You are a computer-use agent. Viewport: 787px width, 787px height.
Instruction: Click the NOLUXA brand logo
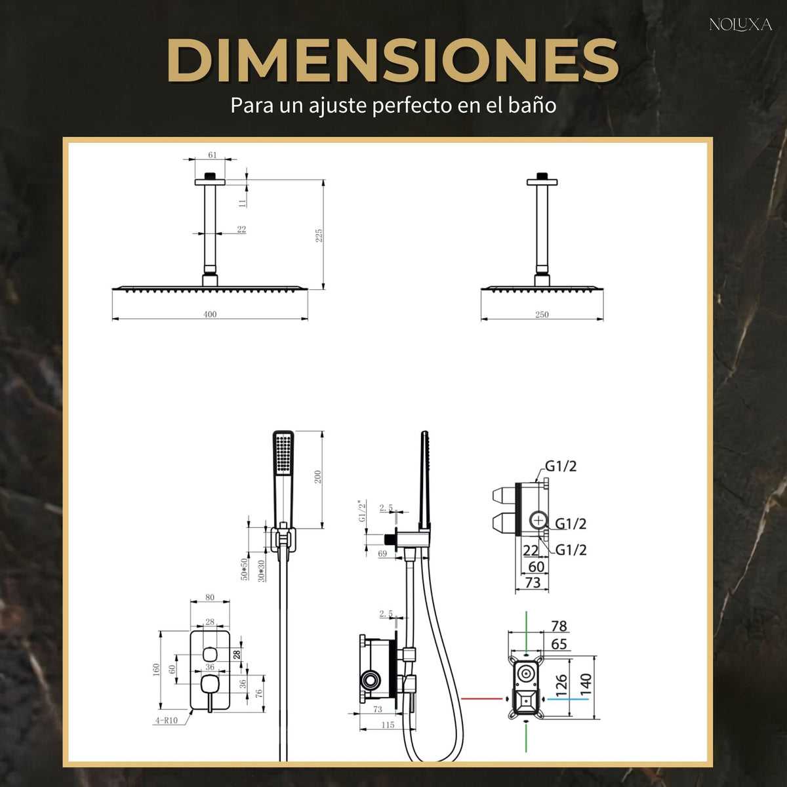click(740, 25)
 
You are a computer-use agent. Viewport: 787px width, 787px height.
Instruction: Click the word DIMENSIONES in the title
click(392, 60)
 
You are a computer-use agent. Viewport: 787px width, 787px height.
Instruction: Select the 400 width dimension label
click(210, 314)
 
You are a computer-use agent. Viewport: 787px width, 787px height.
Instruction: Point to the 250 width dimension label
click(542, 315)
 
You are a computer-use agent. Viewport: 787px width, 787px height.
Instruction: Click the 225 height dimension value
click(319, 235)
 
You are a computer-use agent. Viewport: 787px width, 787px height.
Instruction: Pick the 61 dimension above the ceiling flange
click(212, 155)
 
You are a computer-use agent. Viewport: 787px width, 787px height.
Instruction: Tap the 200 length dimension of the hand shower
click(317, 477)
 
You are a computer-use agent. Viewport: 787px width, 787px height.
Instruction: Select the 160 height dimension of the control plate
click(156, 670)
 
